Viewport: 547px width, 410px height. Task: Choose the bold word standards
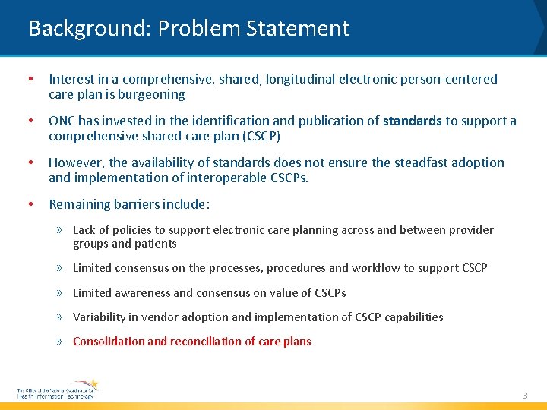point(413,121)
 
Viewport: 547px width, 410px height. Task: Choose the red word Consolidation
point(109,342)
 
